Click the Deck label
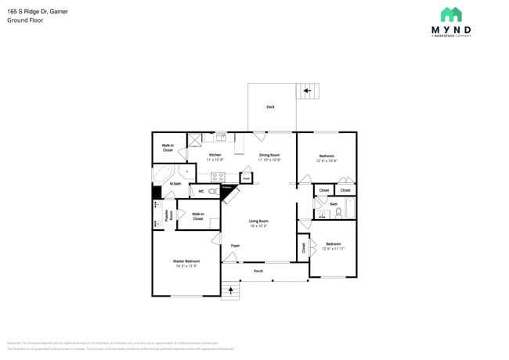[x=270, y=107]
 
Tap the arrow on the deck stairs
[x=308, y=91]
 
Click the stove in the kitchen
[x=218, y=177]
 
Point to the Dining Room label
[x=269, y=155]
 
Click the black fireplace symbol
[x=228, y=190]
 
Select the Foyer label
[x=234, y=246]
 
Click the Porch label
[x=258, y=272]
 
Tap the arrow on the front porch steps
[x=229, y=291]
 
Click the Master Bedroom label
[x=186, y=261]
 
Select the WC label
[x=201, y=191]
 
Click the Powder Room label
[x=167, y=215]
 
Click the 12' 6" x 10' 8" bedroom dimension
[x=327, y=160]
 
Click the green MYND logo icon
[x=450, y=14]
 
